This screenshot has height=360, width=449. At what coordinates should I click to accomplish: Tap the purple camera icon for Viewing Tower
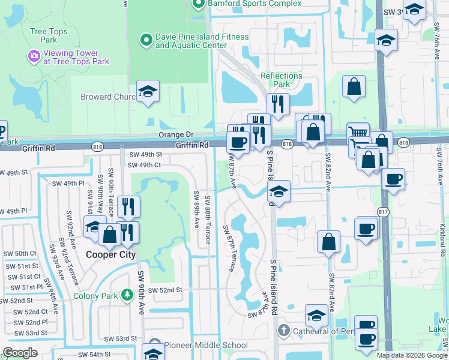34,56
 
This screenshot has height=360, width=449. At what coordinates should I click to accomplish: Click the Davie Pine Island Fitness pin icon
145,41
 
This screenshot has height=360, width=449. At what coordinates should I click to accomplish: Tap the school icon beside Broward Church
146,92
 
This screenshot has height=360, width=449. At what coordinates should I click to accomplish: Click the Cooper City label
109,254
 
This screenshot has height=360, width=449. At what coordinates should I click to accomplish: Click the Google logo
20,353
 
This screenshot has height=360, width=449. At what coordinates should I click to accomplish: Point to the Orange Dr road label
175,135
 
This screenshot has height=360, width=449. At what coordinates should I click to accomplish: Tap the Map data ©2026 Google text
411,355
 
